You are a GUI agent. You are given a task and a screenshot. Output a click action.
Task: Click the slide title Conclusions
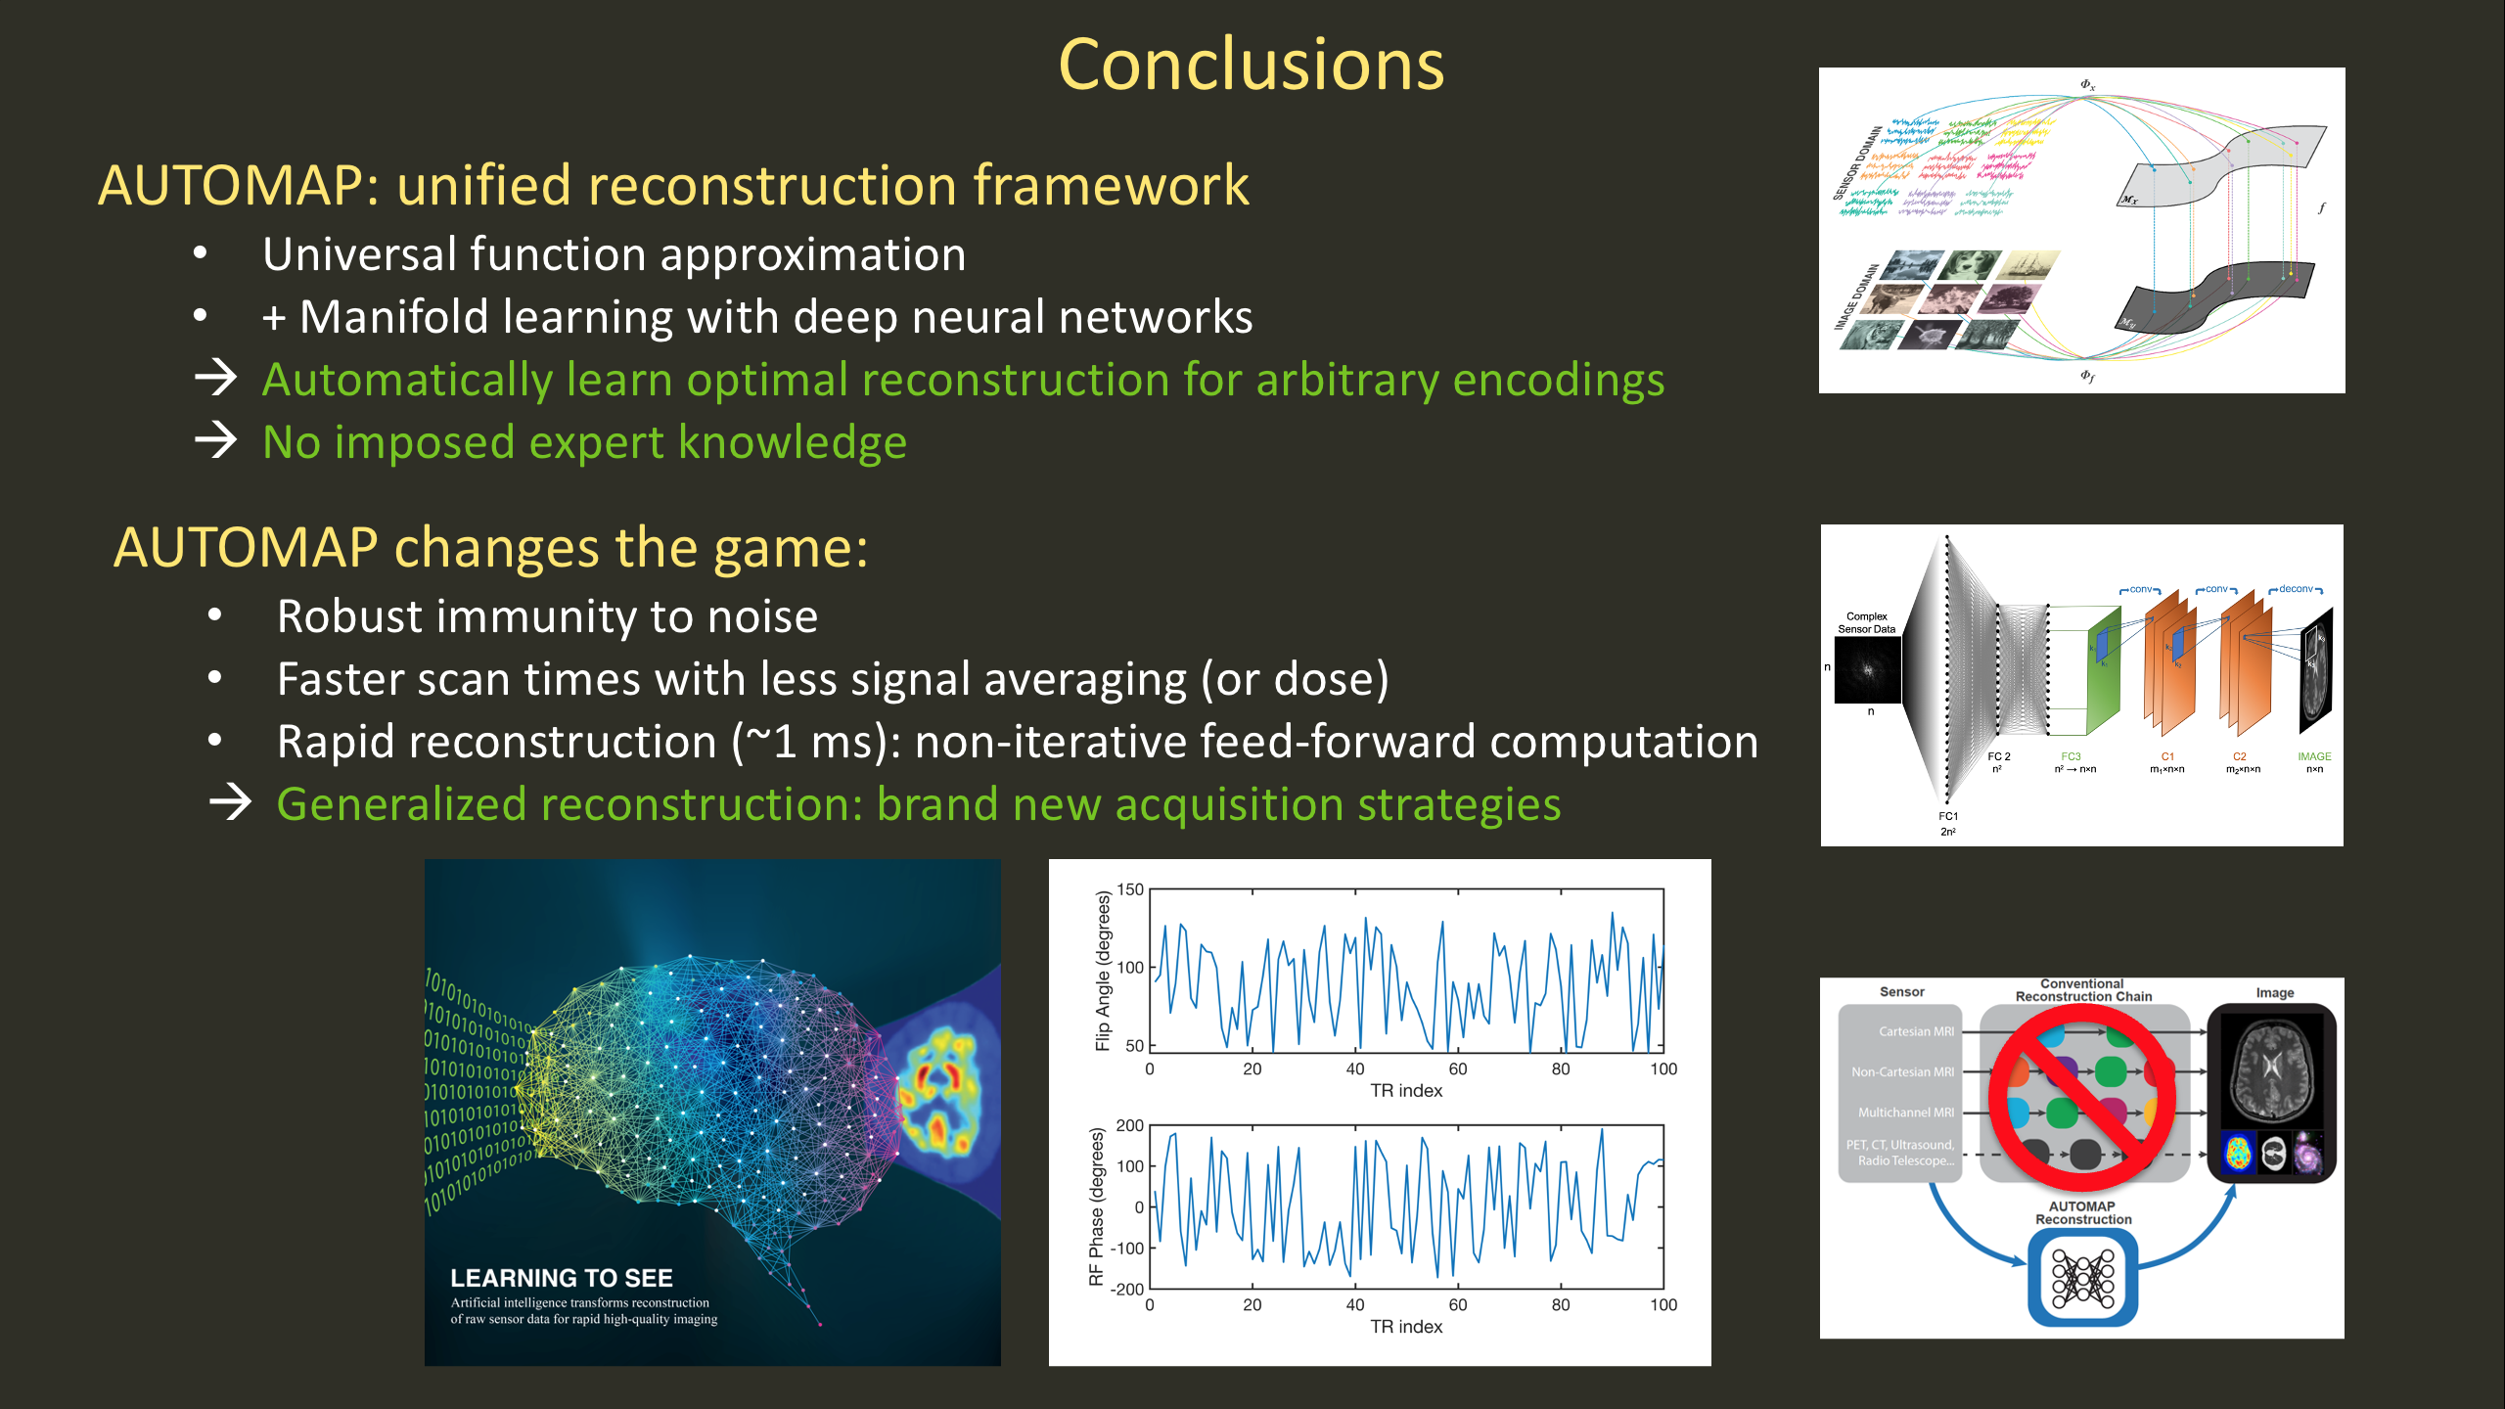[1251, 66]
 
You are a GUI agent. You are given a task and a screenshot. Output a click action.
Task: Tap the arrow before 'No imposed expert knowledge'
[215, 440]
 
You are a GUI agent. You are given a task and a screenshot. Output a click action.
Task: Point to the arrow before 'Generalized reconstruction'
[230, 803]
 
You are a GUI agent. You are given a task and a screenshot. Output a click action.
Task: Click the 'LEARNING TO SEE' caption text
[561, 1278]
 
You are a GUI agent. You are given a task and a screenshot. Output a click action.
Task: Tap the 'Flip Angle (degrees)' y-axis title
[1104, 971]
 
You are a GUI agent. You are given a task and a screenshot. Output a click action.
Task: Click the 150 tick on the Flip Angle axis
[1130, 889]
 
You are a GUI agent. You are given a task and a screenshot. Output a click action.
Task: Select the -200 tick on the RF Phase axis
[1126, 1290]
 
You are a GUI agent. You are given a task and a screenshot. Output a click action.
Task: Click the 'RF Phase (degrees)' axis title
[1096, 1206]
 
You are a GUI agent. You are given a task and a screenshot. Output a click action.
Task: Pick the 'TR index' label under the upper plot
[1406, 1091]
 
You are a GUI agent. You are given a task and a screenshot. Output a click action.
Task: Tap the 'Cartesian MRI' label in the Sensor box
[1916, 1031]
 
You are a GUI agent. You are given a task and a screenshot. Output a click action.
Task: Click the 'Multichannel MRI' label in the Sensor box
[1905, 1113]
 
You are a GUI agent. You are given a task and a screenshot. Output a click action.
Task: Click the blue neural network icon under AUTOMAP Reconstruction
[2082, 1278]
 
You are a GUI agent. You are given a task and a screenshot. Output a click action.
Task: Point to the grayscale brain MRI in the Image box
[2271, 1069]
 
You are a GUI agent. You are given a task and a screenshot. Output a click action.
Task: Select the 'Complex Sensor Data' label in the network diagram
[1866, 623]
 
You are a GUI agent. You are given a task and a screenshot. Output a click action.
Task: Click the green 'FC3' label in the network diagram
[2071, 756]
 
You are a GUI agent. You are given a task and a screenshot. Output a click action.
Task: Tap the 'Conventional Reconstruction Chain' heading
[2083, 990]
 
